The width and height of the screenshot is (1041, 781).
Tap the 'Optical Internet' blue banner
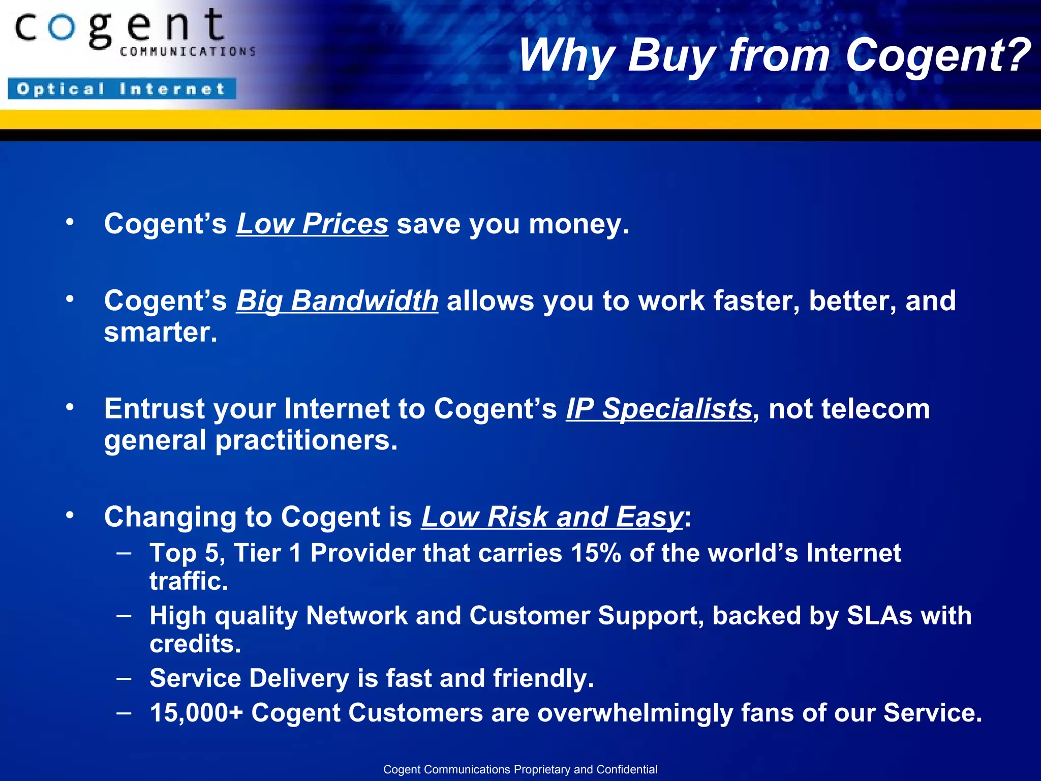click(x=122, y=89)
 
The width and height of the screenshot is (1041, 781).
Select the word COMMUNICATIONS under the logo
click(x=188, y=51)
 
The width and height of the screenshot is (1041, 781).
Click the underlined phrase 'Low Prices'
click(x=312, y=224)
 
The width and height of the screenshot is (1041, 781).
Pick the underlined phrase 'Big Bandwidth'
click(x=337, y=301)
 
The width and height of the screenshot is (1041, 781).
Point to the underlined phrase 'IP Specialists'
click(x=659, y=409)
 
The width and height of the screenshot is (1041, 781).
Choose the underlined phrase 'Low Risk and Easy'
click(x=552, y=517)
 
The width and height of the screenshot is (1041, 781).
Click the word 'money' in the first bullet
click(x=575, y=224)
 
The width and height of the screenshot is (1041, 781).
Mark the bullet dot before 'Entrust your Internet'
click(x=70, y=407)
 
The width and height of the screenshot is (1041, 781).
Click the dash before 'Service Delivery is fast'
click(x=124, y=678)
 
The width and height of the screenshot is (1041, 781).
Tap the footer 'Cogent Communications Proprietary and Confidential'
click(x=520, y=769)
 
